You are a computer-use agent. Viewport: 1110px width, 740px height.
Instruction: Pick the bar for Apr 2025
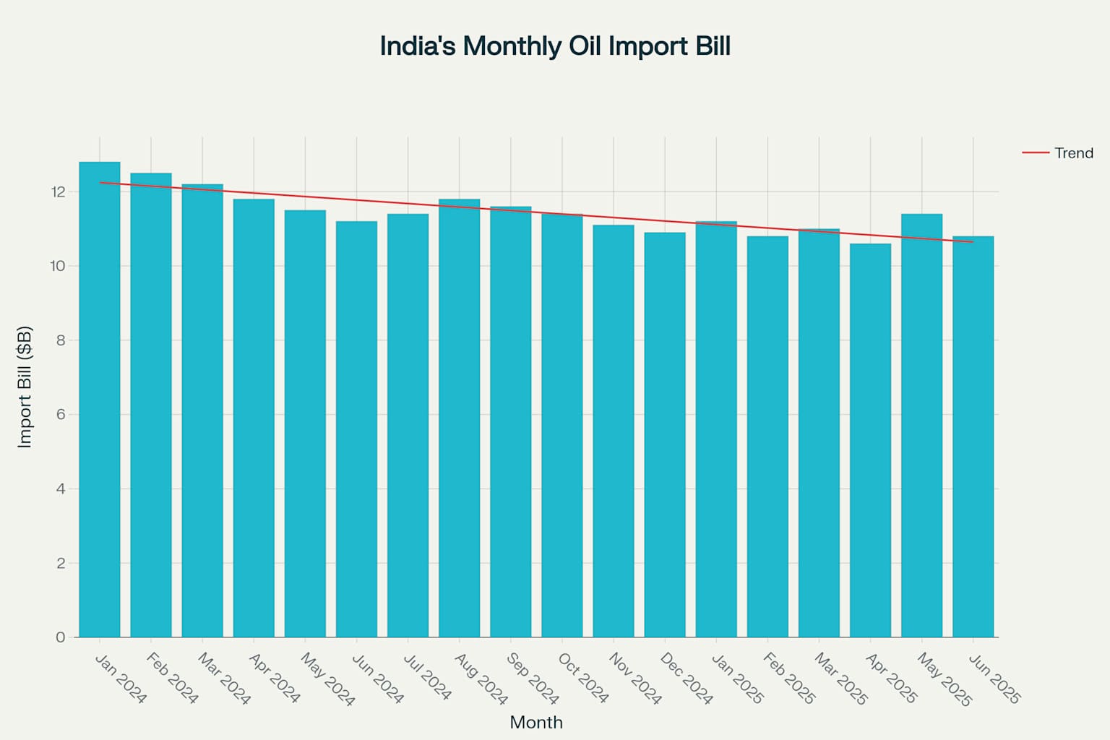pos(870,440)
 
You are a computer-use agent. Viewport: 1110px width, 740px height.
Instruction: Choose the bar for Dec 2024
pos(665,434)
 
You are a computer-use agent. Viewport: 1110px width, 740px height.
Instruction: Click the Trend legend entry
pos(1073,153)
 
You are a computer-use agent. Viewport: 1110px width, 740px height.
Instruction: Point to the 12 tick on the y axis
pos(58,192)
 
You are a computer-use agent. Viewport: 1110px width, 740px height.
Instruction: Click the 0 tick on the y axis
pos(61,637)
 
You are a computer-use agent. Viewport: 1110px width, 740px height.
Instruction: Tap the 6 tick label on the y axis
pos(61,415)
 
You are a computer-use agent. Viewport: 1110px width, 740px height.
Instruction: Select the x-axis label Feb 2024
pos(172,678)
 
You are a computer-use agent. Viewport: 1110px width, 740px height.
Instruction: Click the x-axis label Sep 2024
pos(533,679)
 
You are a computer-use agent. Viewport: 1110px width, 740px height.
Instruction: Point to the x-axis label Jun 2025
pos(994,679)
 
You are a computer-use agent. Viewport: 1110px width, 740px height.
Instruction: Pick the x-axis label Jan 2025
pos(737,679)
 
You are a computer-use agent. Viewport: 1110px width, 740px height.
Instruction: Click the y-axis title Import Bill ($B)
pos(25,387)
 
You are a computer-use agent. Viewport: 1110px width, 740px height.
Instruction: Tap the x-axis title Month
pos(535,722)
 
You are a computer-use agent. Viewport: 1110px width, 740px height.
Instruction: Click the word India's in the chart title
pos(418,46)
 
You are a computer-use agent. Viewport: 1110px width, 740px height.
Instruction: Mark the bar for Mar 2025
pos(819,433)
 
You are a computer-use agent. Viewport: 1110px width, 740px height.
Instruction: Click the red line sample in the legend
pos(1035,153)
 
